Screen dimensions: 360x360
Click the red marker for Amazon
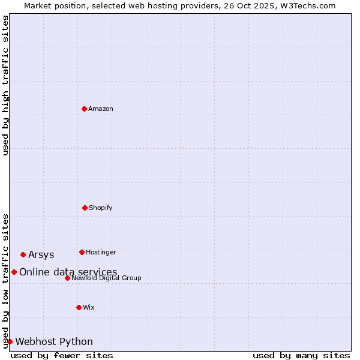click(x=84, y=109)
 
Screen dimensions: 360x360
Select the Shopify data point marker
click(x=85, y=208)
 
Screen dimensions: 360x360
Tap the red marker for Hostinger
click(x=82, y=252)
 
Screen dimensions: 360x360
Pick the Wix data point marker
click(x=79, y=307)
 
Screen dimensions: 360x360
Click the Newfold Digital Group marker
click(x=67, y=278)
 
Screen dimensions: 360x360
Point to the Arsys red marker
click(x=23, y=254)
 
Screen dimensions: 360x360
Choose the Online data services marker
click(x=14, y=272)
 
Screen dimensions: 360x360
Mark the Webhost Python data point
click(x=10, y=341)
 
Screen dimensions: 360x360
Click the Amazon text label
click(x=101, y=109)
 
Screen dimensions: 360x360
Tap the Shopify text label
click(x=101, y=208)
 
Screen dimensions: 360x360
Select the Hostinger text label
click(x=101, y=252)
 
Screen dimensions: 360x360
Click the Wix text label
click(x=89, y=307)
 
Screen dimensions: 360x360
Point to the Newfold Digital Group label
click(x=106, y=278)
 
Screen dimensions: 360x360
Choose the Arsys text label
click(x=41, y=254)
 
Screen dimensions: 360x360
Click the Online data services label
click(x=68, y=272)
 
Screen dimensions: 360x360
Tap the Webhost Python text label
click(x=54, y=341)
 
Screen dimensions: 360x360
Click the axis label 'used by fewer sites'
click(x=62, y=355)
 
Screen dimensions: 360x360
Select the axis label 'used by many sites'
click(x=301, y=355)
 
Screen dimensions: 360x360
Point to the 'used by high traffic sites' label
click(x=5, y=85)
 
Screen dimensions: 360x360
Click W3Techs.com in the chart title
click(x=305, y=5)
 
